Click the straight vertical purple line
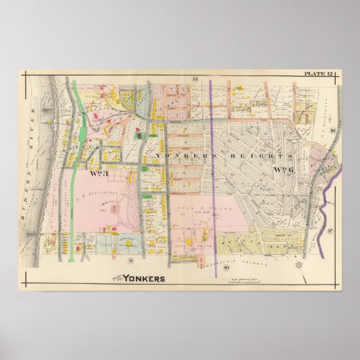[x=211, y=170]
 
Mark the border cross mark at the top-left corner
[x=26, y=75]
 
